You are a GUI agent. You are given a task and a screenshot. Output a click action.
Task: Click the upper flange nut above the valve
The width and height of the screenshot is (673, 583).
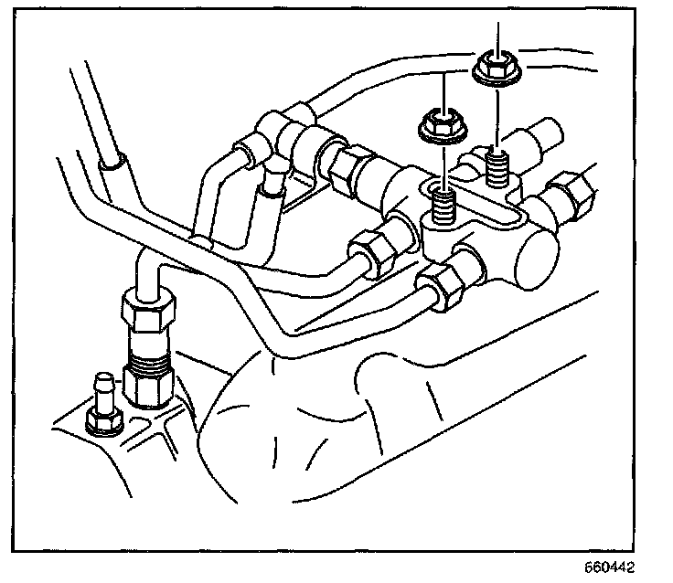[x=495, y=66]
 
